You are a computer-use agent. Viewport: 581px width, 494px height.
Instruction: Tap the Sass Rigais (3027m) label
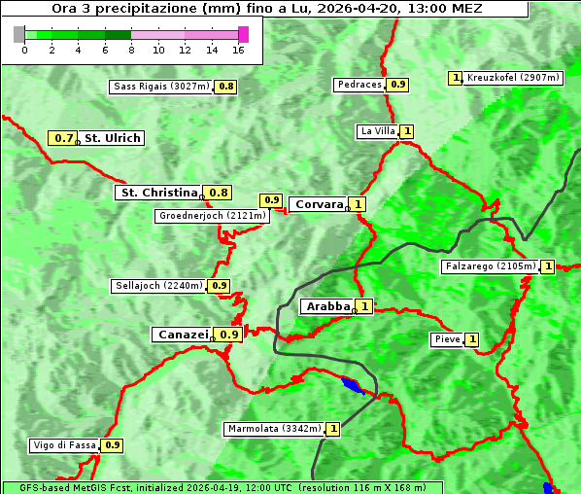pos(161,87)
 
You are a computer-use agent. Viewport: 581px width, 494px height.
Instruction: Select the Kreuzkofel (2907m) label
pos(513,78)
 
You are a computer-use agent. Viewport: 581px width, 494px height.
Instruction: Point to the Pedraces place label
pos(359,85)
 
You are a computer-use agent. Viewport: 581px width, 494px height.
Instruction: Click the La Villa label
pos(377,131)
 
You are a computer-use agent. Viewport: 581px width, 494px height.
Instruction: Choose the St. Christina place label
pos(157,193)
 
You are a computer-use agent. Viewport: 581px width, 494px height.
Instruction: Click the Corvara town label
pos(319,204)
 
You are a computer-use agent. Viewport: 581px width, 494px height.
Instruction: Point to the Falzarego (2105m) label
pos(490,266)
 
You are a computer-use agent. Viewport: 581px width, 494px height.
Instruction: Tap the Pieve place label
pos(447,339)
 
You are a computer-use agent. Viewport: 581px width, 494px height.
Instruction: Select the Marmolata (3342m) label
pos(273,429)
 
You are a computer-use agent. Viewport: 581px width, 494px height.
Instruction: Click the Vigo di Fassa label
pos(65,445)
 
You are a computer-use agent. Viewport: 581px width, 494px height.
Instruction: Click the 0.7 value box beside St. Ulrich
pos(64,139)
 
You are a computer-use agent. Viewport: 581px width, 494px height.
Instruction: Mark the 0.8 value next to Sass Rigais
pos(225,87)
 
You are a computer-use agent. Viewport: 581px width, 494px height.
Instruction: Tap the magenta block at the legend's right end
pos(243,34)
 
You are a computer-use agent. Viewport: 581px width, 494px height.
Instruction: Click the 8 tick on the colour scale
pos(131,50)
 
